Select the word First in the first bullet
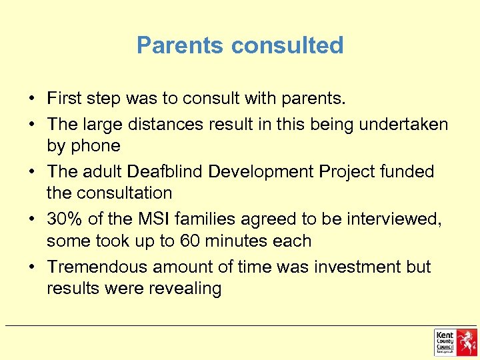pyautogui.click(x=65, y=99)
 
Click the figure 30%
pyautogui.click(x=63, y=219)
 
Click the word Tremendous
pyautogui.click(x=97, y=267)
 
